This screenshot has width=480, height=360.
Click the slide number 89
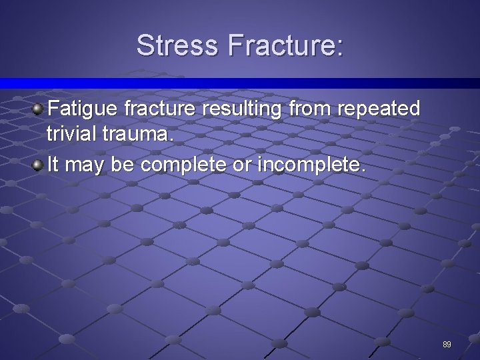447,345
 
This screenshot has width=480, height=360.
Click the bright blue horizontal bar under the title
240,83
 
